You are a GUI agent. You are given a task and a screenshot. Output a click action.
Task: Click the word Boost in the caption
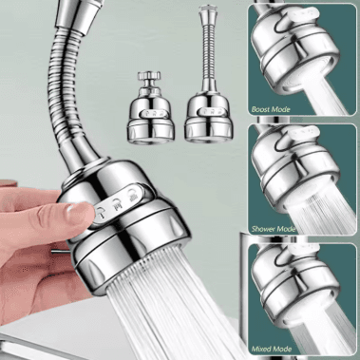260,109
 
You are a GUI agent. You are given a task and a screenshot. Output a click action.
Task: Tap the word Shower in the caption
262,229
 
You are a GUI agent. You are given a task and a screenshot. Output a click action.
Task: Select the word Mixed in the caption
261,349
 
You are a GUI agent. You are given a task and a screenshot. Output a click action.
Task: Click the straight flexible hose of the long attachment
209,50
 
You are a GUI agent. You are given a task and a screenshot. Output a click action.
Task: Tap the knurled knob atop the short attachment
149,77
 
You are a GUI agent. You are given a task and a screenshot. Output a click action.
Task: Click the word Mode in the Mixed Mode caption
281,349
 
